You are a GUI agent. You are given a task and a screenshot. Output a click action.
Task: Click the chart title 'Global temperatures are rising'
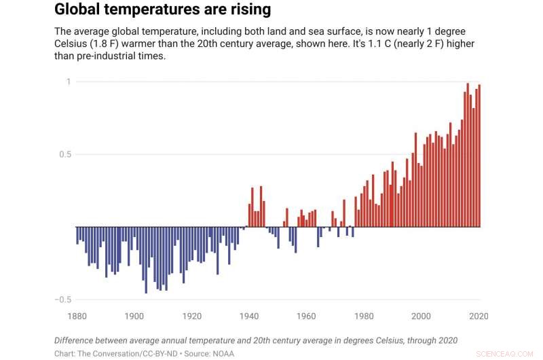pos(162,10)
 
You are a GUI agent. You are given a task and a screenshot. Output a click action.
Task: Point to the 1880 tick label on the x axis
pos(77,316)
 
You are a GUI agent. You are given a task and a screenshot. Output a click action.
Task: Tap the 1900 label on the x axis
pos(134,316)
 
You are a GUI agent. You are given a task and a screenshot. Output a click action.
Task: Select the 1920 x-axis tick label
pos(192,316)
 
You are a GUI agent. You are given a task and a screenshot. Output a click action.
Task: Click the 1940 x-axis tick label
pos(249,316)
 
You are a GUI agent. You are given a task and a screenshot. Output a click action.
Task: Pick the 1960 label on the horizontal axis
pos(307,316)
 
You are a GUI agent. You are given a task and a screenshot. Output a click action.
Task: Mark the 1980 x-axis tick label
pos(364,316)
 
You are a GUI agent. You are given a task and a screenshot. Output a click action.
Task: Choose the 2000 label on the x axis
pos(422,316)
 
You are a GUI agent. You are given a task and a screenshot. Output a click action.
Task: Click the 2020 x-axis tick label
pos(479,316)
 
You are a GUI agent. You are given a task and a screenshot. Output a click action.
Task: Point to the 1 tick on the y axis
pos(68,82)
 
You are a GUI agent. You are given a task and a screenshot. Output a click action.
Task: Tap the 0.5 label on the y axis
pos(64,154)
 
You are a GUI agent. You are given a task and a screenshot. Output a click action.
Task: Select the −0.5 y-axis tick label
pos(62,300)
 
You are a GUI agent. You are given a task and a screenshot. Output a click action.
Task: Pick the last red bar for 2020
pos(479,156)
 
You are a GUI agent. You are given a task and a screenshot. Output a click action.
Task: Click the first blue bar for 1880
pos(77,235)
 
